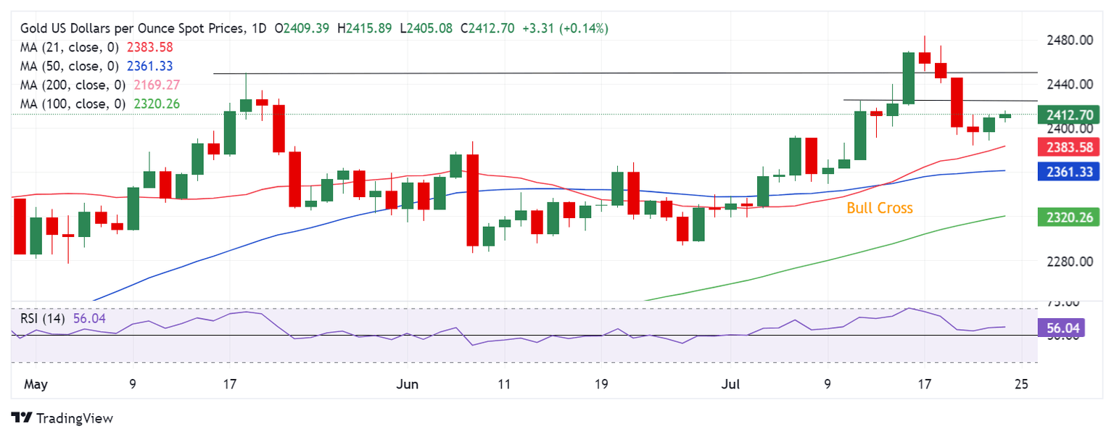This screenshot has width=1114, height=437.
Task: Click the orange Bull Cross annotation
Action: (x=880, y=209)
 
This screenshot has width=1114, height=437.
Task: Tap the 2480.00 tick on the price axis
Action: (x=1070, y=40)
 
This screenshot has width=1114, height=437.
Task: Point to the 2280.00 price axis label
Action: (x=1070, y=262)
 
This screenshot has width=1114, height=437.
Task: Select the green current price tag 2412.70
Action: (x=1070, y=115)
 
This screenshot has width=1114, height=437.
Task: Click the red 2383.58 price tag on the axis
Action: (x=1070, y=148)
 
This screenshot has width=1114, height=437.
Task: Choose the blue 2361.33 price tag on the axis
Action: (x=1070, y=172)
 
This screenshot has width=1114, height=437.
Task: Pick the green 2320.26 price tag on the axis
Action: (x=1070, y=216)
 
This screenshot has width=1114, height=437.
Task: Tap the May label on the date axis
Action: (x=36, y=384)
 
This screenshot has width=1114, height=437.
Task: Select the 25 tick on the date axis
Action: (x=1021, y=384)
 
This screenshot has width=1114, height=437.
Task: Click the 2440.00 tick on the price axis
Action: (x=1070, y=84)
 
